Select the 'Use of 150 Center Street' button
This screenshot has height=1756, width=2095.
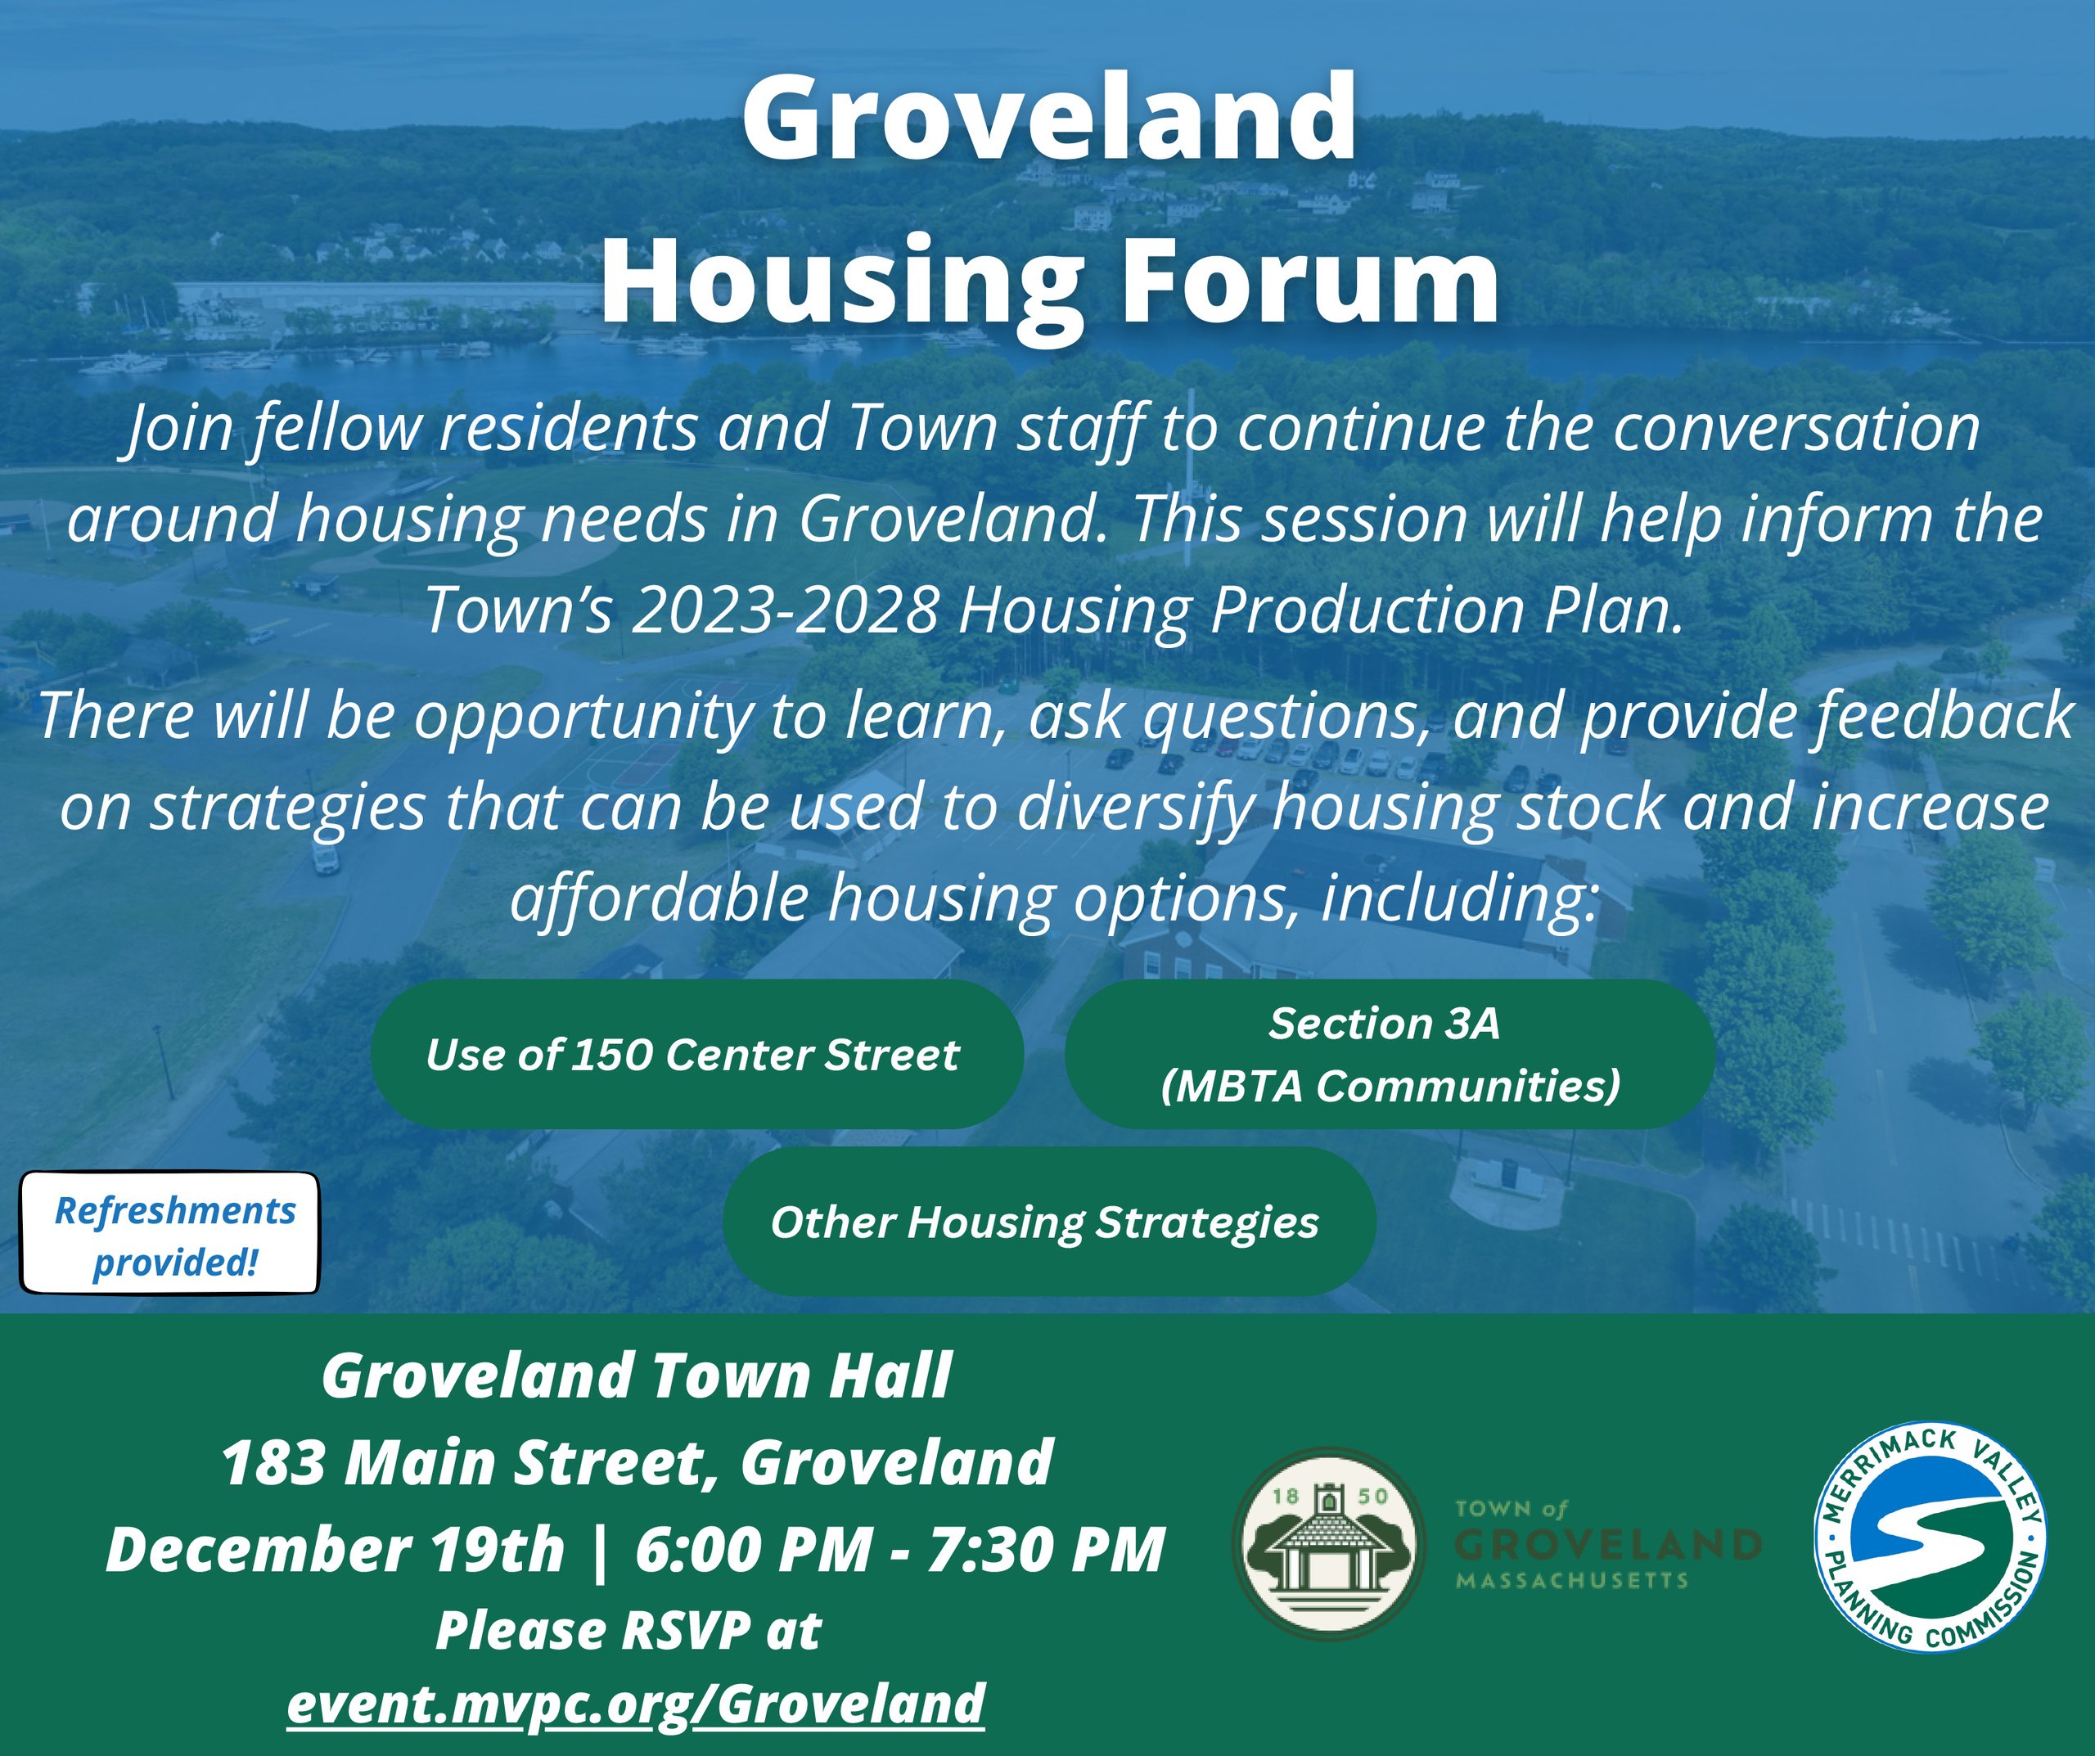click(696, 1054)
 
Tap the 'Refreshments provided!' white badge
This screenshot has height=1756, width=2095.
click(170, 1233)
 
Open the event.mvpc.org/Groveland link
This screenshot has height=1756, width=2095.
click(637, 1702)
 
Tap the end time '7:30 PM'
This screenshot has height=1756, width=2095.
click(1046, 1550)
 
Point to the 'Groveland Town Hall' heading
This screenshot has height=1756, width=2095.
click(637, 1376)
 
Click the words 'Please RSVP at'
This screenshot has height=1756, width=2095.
click(628, 1630)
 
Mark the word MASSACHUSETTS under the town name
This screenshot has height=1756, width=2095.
click(1572, 1580)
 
